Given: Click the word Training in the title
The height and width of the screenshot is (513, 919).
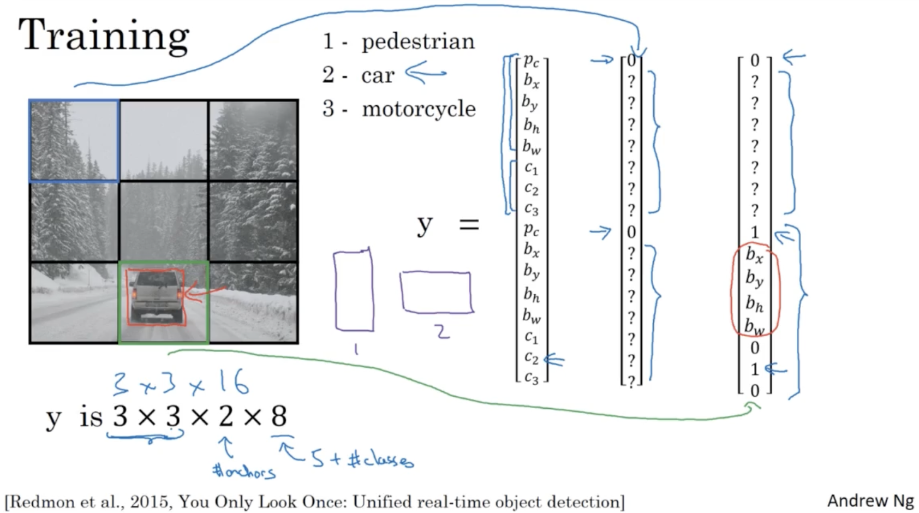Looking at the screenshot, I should [104, 36].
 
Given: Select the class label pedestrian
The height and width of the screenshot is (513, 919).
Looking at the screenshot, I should [418, 42].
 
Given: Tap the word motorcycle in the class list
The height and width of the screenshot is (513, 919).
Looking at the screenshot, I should [419, 109].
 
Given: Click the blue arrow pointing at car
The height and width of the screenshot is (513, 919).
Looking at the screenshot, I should [425, 73].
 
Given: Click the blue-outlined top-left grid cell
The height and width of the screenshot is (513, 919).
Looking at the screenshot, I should [74, 140].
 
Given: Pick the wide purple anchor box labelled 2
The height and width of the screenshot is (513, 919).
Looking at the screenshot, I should [436, 293].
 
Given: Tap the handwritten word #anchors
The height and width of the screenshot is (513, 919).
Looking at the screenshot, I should [244, 471].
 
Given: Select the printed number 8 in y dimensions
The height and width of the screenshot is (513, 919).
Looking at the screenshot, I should [279, 417].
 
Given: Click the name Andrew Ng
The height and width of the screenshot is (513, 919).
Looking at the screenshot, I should [870, 500].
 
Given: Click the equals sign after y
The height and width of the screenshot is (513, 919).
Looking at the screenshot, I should [469, 224].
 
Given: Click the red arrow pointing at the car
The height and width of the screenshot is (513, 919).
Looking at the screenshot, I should [205, 294].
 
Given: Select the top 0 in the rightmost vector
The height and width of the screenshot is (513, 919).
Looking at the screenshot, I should [755, 61].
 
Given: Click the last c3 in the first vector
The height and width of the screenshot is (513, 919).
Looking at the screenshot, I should [531, 378].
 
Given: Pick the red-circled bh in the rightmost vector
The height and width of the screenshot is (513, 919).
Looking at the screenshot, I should [754, 303].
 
